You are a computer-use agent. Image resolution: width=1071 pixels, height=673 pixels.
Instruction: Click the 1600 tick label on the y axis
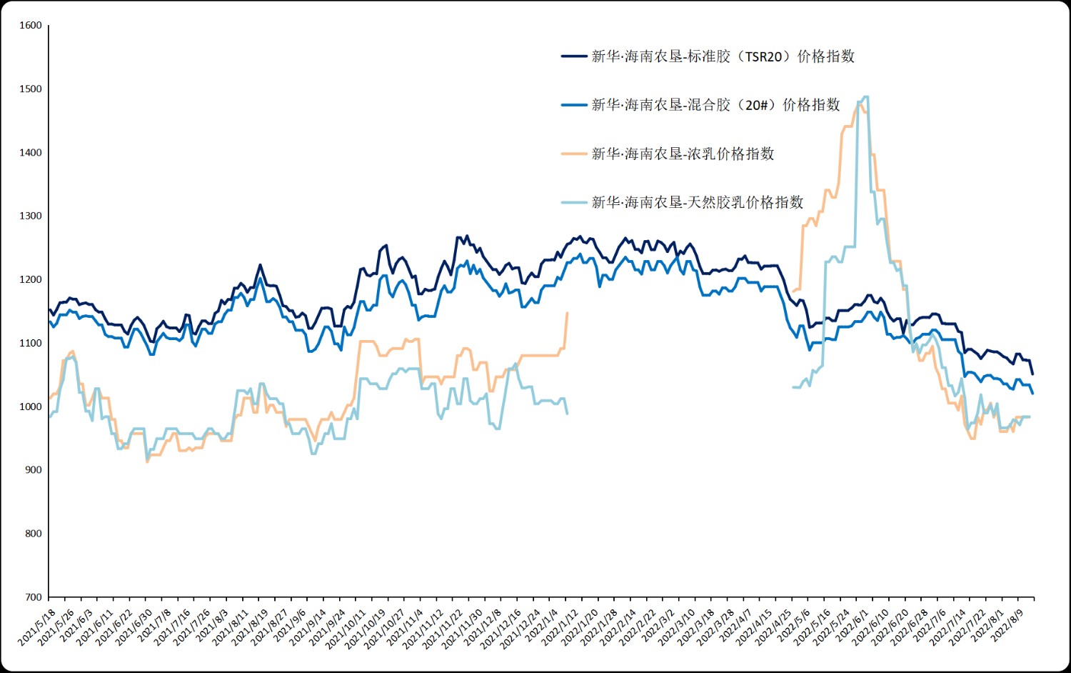pos(31,25)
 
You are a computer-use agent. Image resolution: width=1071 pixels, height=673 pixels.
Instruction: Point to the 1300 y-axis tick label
pos(31,216)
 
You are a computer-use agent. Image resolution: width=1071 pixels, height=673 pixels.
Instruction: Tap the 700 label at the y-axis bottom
pos(34,597)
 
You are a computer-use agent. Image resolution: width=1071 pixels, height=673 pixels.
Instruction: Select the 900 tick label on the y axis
pos(34,470)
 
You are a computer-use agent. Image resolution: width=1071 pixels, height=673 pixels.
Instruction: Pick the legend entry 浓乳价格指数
pos(683,154)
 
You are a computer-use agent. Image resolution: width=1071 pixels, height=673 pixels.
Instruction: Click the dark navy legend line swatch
pos(574,56)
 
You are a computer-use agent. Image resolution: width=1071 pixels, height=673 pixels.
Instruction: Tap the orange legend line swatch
pos(574,154)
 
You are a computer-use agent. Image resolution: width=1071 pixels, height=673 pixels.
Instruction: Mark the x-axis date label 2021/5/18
pos(37,628)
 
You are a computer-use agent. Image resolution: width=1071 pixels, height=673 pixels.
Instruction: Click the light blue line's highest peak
pos(865,96)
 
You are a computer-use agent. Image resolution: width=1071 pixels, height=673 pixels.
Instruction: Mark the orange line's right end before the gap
pos(567,313)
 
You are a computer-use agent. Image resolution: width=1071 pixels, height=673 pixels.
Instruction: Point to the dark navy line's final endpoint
pos(1032,374)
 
